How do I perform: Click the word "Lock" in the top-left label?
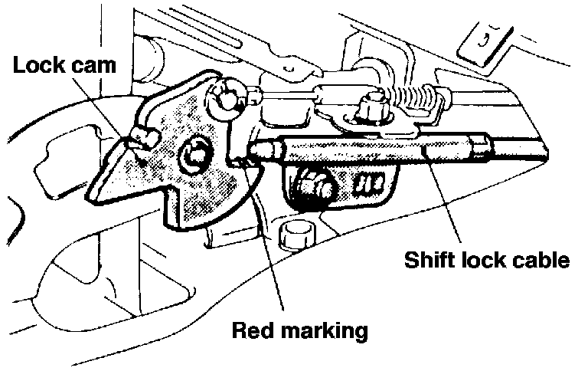(39, 66)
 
